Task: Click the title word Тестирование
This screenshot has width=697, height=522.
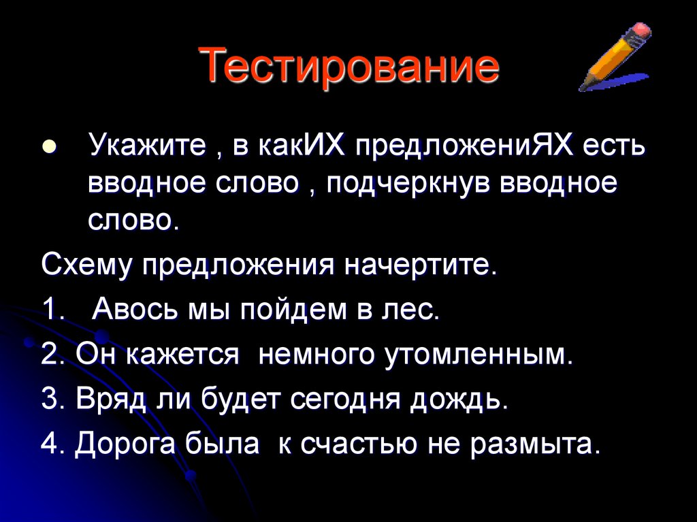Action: (349, 68)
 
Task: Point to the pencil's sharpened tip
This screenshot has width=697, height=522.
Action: (583, 86)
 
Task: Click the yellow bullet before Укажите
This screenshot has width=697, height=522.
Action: (48, 147)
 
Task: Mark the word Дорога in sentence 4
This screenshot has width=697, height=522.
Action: (124, 444)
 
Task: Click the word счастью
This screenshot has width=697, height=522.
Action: (361, 444)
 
